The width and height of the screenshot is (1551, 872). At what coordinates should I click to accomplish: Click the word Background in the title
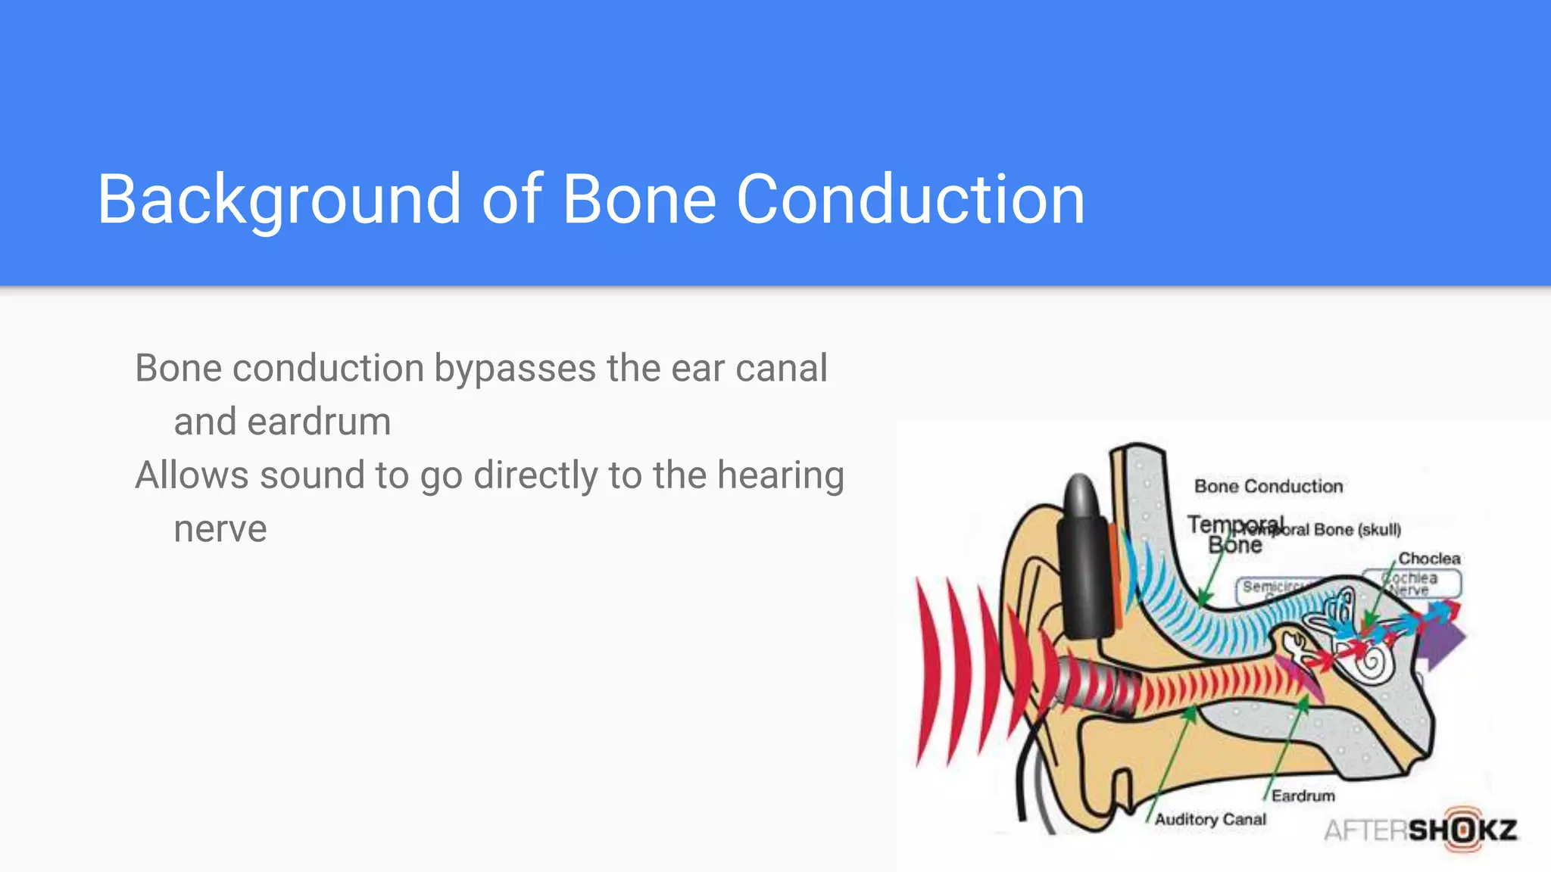click(279, 199)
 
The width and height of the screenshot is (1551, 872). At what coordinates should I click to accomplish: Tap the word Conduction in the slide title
click(910, 199)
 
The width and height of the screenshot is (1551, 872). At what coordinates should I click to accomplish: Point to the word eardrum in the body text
click(319, 422)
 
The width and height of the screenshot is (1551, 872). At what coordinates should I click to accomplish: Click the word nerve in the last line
click(220, 529)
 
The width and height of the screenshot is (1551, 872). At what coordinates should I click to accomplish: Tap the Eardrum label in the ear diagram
click(1303, 796)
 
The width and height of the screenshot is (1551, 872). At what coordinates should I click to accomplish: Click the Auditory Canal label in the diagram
click(1210, 819)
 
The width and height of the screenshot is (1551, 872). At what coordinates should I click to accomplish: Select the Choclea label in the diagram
click(1429, 559)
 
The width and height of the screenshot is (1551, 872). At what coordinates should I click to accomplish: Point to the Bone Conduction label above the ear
click(1269, 486)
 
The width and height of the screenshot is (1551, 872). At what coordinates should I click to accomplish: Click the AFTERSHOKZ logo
click(1420, 830)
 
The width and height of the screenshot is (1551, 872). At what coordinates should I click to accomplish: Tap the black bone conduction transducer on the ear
click(1085, 560)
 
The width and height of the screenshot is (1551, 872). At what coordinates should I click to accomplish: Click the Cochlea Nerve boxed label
click(1412, 584)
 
